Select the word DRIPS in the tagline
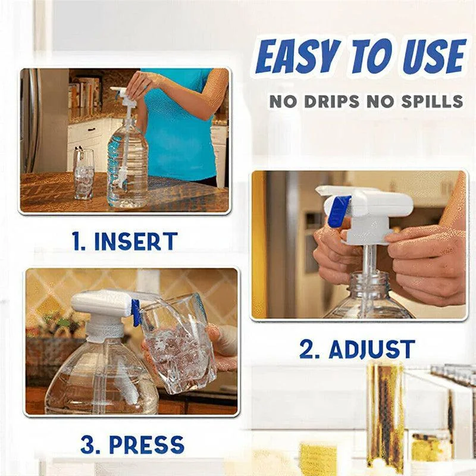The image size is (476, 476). pos(332,101)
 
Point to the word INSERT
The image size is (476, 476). pos(136,242)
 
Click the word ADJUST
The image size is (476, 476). pos(372,349)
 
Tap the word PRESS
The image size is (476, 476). pos(146,444)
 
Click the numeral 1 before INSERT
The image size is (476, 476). pos(77,242)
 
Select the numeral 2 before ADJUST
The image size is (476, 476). pos(307,349)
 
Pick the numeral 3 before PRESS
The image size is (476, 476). pos(87,444)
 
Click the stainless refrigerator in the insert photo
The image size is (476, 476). pos(30,121)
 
